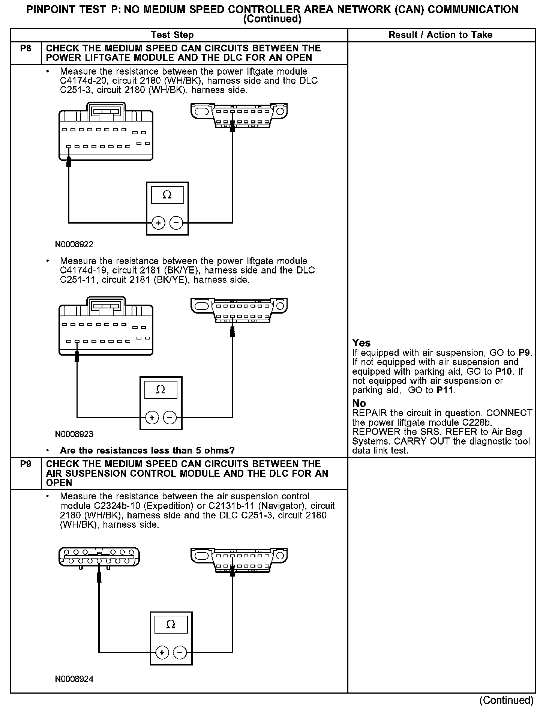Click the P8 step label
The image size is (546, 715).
(25, 48)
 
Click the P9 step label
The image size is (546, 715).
(25, 464)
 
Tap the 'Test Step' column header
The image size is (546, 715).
(172, 35)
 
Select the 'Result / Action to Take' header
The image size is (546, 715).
(441, 35)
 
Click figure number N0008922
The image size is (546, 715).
(74, 245)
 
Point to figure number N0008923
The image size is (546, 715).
(74, 434)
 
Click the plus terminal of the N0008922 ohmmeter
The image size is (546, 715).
(159, 223)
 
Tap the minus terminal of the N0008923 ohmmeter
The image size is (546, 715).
(170, 418)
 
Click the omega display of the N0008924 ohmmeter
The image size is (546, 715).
(171, 625)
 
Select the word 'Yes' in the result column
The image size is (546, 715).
(361, 343)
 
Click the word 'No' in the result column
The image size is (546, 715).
(359, 403)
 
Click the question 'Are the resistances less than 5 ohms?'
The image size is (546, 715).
(147, 450)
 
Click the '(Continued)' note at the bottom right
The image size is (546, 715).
(506, 700)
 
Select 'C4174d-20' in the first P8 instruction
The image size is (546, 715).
(82, 81)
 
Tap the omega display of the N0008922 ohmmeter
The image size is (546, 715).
(167, 195)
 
